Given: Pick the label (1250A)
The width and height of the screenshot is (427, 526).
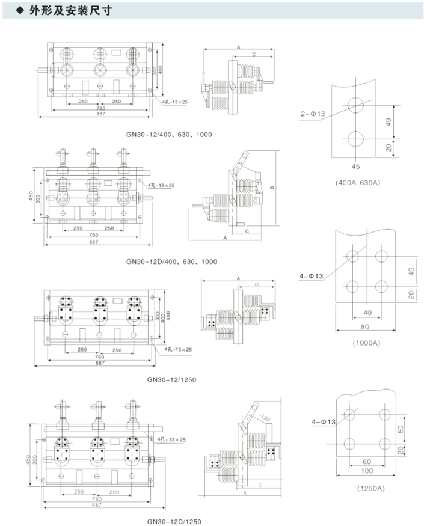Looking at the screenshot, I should point(370,488).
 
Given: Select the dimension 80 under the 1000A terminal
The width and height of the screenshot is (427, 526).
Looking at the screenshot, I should point(366,328).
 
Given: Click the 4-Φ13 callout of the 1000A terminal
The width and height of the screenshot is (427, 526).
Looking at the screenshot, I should point(312,276).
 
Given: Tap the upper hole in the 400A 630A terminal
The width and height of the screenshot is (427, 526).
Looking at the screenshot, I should point(355,105).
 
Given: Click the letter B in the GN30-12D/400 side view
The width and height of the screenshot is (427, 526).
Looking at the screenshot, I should point(272,188).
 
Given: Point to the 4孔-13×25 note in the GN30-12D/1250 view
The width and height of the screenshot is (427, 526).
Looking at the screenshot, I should point(171,440).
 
